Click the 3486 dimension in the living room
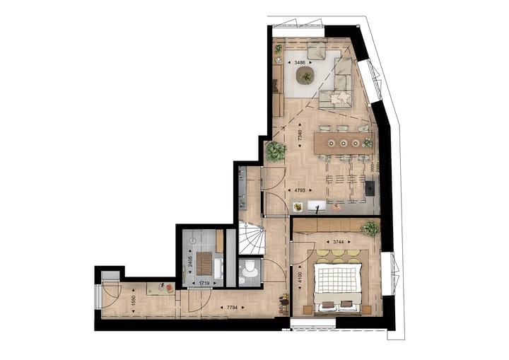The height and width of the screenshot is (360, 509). (x=300, y=63)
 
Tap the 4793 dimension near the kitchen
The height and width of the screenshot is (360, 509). (x=300, y=190)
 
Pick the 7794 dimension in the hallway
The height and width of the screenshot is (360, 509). (x=230, y=307)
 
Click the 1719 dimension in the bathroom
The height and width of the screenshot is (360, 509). (x=204, y=283)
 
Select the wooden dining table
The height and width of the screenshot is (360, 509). (x=344, y=142)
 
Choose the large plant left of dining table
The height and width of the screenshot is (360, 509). (x=276, y=151)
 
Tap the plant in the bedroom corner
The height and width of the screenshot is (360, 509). (x=369, y=228)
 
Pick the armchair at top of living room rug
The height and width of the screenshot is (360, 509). (x=316, y=52)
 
